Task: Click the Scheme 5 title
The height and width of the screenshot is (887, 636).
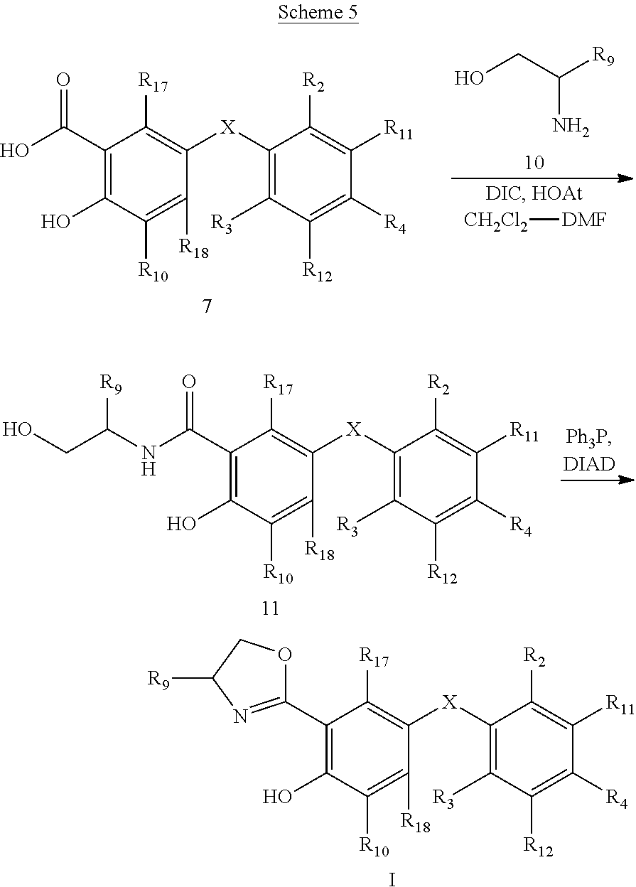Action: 318,12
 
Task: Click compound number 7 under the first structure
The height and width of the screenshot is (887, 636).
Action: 207,306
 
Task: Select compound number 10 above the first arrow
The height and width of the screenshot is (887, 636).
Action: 534,162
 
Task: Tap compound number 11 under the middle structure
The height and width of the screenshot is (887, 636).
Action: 271,608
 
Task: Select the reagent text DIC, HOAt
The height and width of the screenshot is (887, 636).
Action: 534,193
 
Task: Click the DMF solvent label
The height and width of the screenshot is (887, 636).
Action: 583,219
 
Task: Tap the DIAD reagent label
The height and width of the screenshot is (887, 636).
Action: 589,464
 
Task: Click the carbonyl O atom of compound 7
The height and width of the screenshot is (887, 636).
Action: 63,80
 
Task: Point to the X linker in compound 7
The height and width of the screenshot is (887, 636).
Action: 227,127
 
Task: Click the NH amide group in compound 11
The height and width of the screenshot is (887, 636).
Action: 149,460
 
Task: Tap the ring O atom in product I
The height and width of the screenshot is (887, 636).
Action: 284,654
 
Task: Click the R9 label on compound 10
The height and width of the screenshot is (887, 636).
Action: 603,57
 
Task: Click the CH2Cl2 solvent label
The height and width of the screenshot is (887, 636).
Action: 495,220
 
